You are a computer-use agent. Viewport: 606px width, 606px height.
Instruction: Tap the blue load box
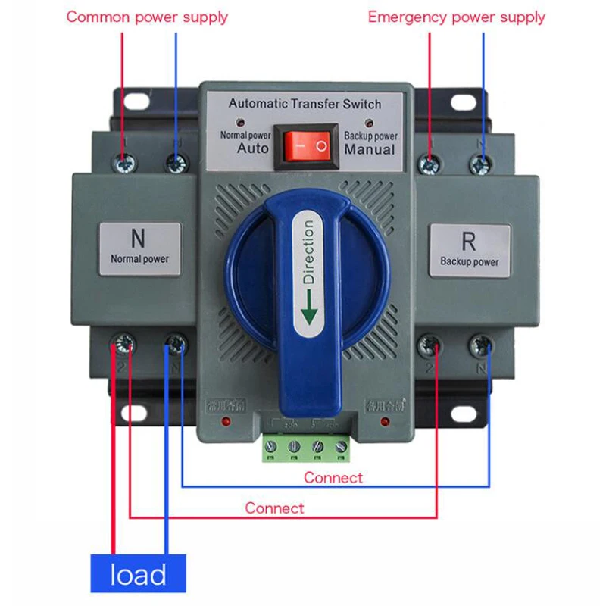click(x=139, y=574)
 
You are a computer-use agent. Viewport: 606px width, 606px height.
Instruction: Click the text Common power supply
click(x=147, y=17)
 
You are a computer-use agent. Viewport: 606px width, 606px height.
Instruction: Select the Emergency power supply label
click(x=456, y=17)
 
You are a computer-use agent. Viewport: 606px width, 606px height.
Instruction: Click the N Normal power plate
click(x=139, y=247)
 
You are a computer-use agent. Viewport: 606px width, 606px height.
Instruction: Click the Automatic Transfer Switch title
click(x=305, y=104)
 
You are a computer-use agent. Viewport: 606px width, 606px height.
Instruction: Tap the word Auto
click(x=252, y=148)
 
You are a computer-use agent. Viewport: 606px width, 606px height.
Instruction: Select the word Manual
click(x=370, y=149)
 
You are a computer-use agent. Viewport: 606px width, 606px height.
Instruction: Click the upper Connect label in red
click(x=333, y=477)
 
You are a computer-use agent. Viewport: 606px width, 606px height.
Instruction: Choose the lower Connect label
click(x=274, y=508)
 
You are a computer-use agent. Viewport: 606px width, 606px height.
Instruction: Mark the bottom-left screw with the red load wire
click(x=123, y=345)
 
